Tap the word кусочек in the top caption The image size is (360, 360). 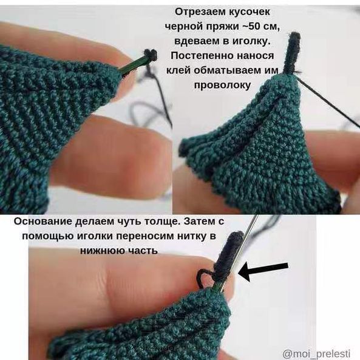pos(248,12)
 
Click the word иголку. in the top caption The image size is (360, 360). pos(251,41)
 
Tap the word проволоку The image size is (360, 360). pos(222,85)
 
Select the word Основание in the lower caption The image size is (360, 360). pos(42,222)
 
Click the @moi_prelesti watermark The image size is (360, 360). pos(317,353)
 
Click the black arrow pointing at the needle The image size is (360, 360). pos(263,271)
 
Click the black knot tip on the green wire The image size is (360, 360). pos(151,54)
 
